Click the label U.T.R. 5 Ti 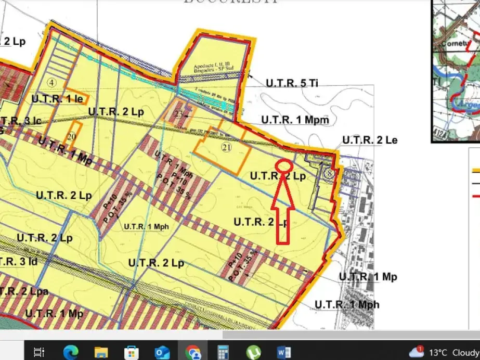pos(292,83)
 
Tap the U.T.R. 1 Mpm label pos(295,120)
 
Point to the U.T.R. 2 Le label pos(370,140)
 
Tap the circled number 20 pos(72,136)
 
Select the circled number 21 pos(226,147)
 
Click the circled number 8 pos(328,174)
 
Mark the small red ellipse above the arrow pos(283,165)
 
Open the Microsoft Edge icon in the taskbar pos(71,352)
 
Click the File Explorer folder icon pos(101,352)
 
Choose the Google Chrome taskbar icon pos(193,352)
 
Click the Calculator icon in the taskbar pos(223,352)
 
